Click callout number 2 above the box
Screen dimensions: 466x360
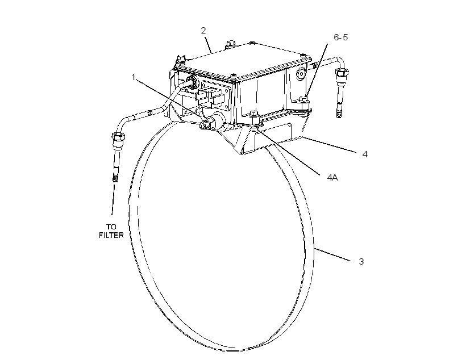(x=203, y=31)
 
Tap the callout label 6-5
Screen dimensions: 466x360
(x=340, y=37)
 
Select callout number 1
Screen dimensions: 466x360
(x=134, y=77)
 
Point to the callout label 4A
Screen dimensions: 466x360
(x=332, y=178)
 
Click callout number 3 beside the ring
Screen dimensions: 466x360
(x=361, y=262)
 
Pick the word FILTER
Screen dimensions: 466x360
(x=111, y=235)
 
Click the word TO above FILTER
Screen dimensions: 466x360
(x=111, y=227)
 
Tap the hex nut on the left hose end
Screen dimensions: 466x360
(x=118, y=137)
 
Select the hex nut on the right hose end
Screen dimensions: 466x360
(x=342, y=72)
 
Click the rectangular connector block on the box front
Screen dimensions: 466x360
(x=210, y=95)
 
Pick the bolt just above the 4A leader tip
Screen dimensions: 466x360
(x=253, y=115)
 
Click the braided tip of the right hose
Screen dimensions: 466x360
(x=339, y=113)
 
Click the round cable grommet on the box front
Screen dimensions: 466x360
(x=191, y=82)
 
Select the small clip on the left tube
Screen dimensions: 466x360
(x=150, y=112)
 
